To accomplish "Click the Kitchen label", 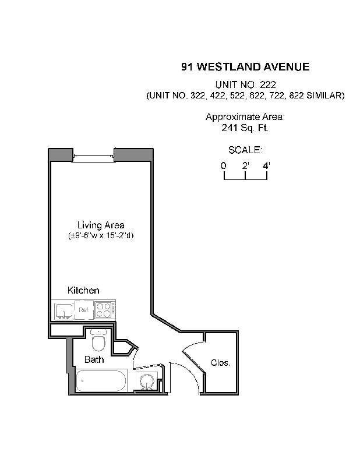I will pyautogui.click(x=83, y=290).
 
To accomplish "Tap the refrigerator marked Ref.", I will pyautogui.click(x=84, y=310).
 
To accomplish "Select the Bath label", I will pyautogui.click(x=94, y=359).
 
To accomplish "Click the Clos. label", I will pyautogui.click(x=221, y=362).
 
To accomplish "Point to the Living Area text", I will pyautogui.click(x=101, y=225).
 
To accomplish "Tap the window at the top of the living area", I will pyautogui.click(x=93, y=156).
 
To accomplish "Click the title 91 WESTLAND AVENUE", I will pyautogui.click(x=245, y=66).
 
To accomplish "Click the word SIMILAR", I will pyautogui.click(x=327, y=96).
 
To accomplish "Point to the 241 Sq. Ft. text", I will pyautogui.click(x=245, y=128).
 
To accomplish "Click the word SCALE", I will pyautogui.click(x=245, y=150).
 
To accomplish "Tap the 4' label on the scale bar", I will pyautogui.click(x=267, y=165).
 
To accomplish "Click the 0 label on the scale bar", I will pyautogui.click(x=224, y=165).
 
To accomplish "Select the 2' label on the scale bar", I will pyautogui.click(x=245, y=165).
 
